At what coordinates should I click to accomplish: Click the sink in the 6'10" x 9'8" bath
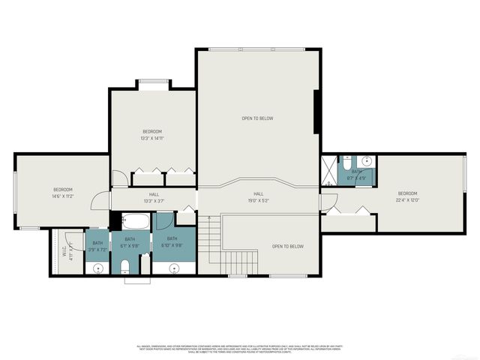(174, 268)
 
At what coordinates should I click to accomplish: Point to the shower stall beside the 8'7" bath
(328, 171)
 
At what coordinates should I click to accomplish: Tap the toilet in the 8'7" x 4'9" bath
(346, 161)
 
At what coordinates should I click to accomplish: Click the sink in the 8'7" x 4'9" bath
(365, 160)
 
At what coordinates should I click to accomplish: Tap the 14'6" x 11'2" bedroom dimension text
(62, 197)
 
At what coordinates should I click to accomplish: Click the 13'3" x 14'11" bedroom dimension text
(152, 138)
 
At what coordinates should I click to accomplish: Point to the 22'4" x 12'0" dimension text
(407, 199)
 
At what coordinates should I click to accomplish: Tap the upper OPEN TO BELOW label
(256, 118)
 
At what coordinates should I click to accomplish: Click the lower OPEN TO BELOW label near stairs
(287, 246)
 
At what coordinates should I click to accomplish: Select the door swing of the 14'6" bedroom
(99, 200)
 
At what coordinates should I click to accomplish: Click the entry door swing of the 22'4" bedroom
(327, 201)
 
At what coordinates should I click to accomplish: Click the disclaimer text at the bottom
(240, 349)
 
